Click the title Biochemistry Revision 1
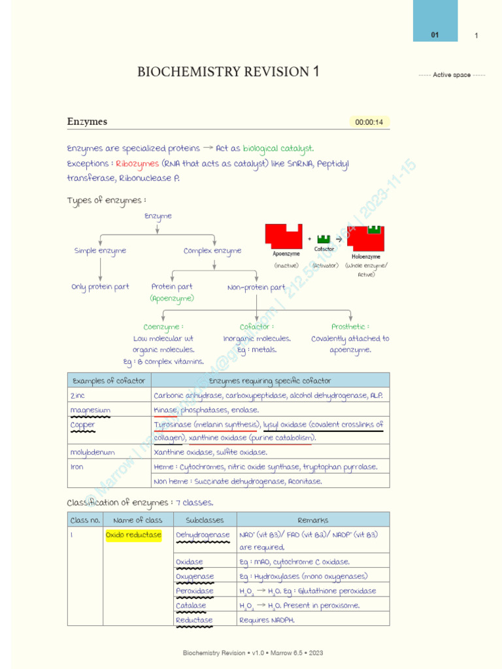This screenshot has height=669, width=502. [x=228, y=72]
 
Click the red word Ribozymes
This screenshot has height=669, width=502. [x=137, y=163]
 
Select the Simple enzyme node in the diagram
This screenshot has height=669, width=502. [x=100, y=251]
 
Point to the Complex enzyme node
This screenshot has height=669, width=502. [x=212, y=251]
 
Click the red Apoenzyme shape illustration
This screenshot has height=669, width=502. [x=283, y=236]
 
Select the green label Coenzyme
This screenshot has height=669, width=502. [x=163, y=327]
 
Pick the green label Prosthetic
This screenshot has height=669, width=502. [x=350, y=327]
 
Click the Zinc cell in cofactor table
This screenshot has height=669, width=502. [x=78, y=395]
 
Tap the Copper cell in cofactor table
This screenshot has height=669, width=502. [x=83, y=425]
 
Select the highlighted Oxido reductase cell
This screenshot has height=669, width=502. [x=133, y=535]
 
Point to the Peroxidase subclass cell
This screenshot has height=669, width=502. [x=195, y=591]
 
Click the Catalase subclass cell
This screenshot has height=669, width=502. [x=191, y=606]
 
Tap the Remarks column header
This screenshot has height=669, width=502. [x=312, y=520]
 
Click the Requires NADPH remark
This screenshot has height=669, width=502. [x=267, y=620]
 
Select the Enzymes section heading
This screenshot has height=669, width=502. [x=87, y=122]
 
